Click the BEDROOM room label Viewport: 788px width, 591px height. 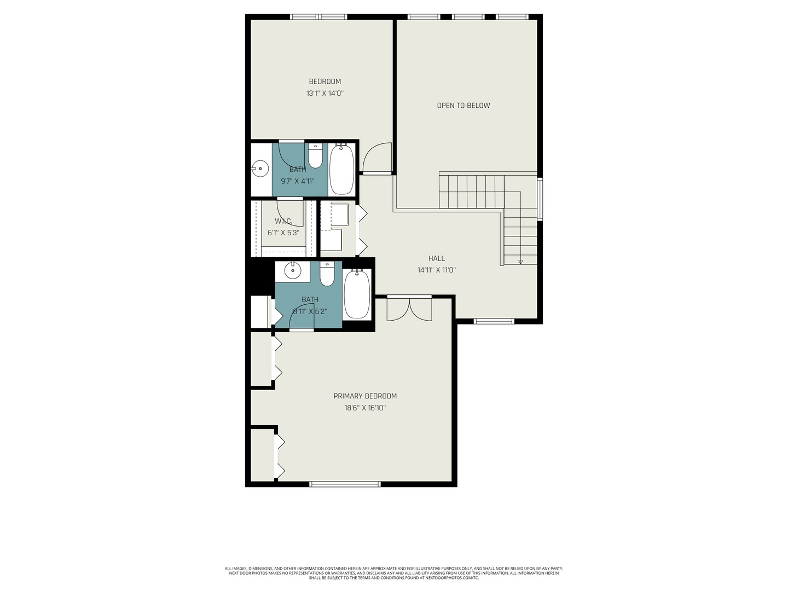click(x=325, y=82)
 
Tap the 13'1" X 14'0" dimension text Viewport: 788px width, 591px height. click(x=325, y=94)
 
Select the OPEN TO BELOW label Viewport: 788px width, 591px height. click(x=463, y=106)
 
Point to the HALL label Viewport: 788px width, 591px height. click(x=437, y=258)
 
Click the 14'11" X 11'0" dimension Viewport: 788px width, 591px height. click(x=437, y=270)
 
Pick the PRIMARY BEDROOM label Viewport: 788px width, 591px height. click(x=365, y=396)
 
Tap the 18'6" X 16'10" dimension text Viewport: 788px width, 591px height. click(x=365, y=408)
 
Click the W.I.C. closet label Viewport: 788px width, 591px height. click(x=283, y=221)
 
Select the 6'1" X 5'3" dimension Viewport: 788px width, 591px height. click(x=283, y=233)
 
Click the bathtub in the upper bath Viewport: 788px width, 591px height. click(x=341, y=169)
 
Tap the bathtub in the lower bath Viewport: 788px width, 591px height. click(x=357, y=295)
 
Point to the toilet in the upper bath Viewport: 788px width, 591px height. click(x=315, y=157)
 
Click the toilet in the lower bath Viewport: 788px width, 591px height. click(x=327, y=275)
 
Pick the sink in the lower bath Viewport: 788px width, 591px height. click(x=293, y=270)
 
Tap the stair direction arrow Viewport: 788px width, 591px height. click(x=520, y=262)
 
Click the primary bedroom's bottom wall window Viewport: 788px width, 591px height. click(x=345, y=484)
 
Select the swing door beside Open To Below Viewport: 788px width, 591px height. click(x=378, y=159)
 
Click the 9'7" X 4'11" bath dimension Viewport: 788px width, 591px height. click(x=298, y=181)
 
